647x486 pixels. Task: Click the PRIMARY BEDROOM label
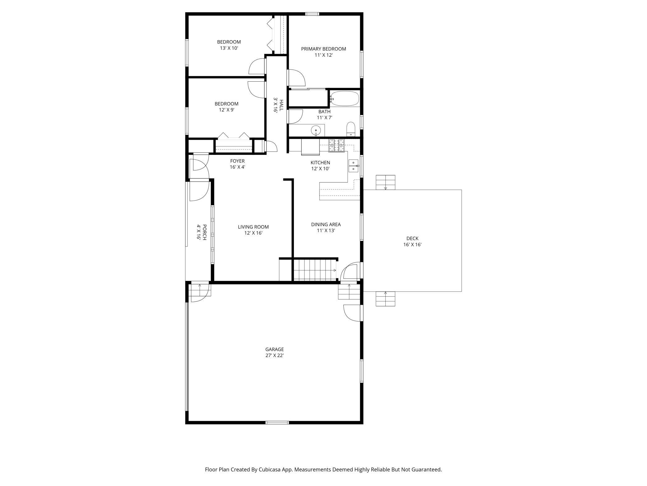coord(323,49)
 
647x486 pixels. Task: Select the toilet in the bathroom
coord(351,129)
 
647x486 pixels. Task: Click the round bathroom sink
coord(316,130)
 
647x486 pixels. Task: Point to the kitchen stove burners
coord(337,145)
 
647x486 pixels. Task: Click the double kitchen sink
coord(353,166)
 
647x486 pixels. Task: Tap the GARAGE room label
coord(274,349)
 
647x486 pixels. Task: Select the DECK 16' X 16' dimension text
coord(412,245)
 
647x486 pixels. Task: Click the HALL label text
coord(281,106)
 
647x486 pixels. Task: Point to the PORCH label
coord(204,232)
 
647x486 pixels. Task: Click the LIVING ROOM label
coord(253,227)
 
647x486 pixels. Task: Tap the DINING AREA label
coord(326,224)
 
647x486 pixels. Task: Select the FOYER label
coord(237,161)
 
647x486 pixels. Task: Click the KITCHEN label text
coord(320,163)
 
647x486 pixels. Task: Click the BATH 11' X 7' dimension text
coord(324,118)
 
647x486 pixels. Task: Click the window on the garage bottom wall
coord(277,422)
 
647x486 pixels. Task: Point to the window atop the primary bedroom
coord(312,14)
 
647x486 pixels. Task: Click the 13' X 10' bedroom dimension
coord(229,48)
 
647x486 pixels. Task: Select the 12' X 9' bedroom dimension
coord(226,110)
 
